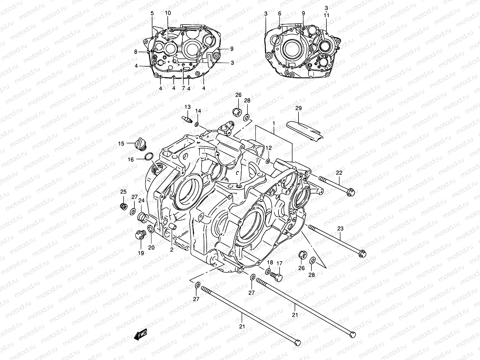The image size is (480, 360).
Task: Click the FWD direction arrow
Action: click(x=140, y=334)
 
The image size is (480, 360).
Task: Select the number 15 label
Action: click(x=121, y=144)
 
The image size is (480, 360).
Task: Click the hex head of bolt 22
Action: click(x=350, y=192)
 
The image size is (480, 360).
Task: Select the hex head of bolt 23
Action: click(x=362, y=253)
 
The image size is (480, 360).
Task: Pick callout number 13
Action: click(x=187, y=107)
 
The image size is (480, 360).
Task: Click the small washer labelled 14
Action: click(x=196, y=124)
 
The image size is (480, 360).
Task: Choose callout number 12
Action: click(x=268, y=148)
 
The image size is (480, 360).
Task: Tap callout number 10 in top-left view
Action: click(x=168, y=13)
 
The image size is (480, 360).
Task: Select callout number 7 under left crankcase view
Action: click(x=183, y=88)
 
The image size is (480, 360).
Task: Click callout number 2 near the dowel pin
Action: click(x=172, y=249)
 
